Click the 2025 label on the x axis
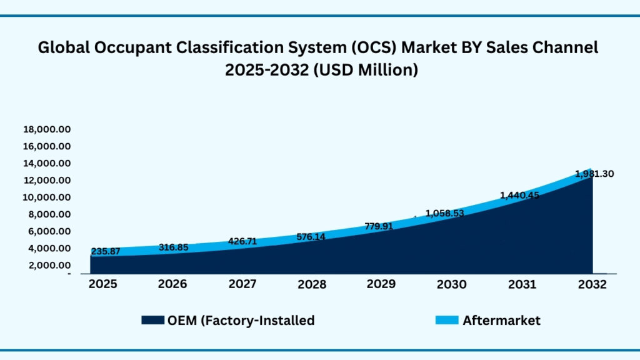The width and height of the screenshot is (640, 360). coord(102,284)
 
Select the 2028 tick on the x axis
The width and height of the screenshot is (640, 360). coord(312,284)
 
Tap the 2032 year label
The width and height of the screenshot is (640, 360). coord(592,284)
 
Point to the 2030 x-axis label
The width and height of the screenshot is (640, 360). coord(451,284)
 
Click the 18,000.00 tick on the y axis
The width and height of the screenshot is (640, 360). coord(47,129)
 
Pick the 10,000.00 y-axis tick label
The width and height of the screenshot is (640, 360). coord(47,197)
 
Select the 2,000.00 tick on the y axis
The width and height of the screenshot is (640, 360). coord(49,265)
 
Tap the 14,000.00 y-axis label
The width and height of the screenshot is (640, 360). coord(47,164)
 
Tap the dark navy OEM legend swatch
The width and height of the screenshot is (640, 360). coord(152,321)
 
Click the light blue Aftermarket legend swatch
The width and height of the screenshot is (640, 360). coord(446,321)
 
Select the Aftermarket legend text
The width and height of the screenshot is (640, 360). coord(501,321)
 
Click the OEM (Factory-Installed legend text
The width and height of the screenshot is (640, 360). coord(241,321)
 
